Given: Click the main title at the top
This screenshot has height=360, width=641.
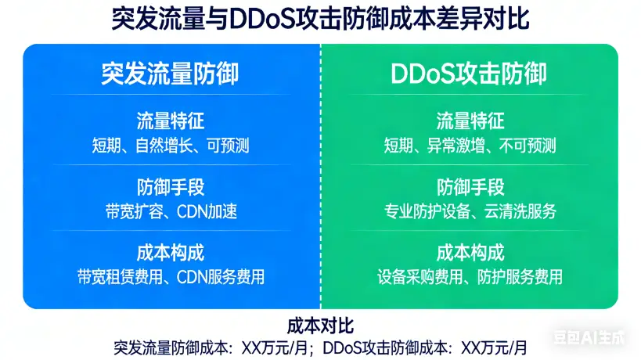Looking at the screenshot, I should point(320,20).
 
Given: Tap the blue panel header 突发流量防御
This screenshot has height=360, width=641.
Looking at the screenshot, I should point(170,74).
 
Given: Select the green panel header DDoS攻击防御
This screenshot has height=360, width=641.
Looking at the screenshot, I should point(469,74).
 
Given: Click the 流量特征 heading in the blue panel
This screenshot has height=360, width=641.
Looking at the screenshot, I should point(170,121).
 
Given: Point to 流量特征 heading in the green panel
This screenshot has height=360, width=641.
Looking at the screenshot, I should point(470,121).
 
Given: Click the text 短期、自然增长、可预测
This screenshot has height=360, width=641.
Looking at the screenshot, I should point(170,146).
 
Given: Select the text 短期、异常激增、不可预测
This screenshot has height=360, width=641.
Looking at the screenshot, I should point(470,146).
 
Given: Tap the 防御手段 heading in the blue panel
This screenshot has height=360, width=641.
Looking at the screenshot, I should point(170,187).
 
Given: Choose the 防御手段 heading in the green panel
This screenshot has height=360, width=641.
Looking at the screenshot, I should point(470,187).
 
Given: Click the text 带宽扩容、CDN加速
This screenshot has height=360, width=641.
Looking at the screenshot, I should point(170,211).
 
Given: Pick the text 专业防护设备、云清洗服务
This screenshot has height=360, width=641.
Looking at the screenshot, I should point(470,211).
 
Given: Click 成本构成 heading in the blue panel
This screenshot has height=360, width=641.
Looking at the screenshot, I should point(170,253).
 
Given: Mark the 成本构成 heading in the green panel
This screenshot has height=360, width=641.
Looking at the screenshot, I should point(470,253).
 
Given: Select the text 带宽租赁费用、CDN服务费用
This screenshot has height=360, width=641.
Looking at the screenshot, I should point(170,277).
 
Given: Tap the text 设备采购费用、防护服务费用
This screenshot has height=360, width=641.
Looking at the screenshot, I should point(470,277).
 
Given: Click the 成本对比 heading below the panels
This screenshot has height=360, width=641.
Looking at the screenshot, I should point(320,325).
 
